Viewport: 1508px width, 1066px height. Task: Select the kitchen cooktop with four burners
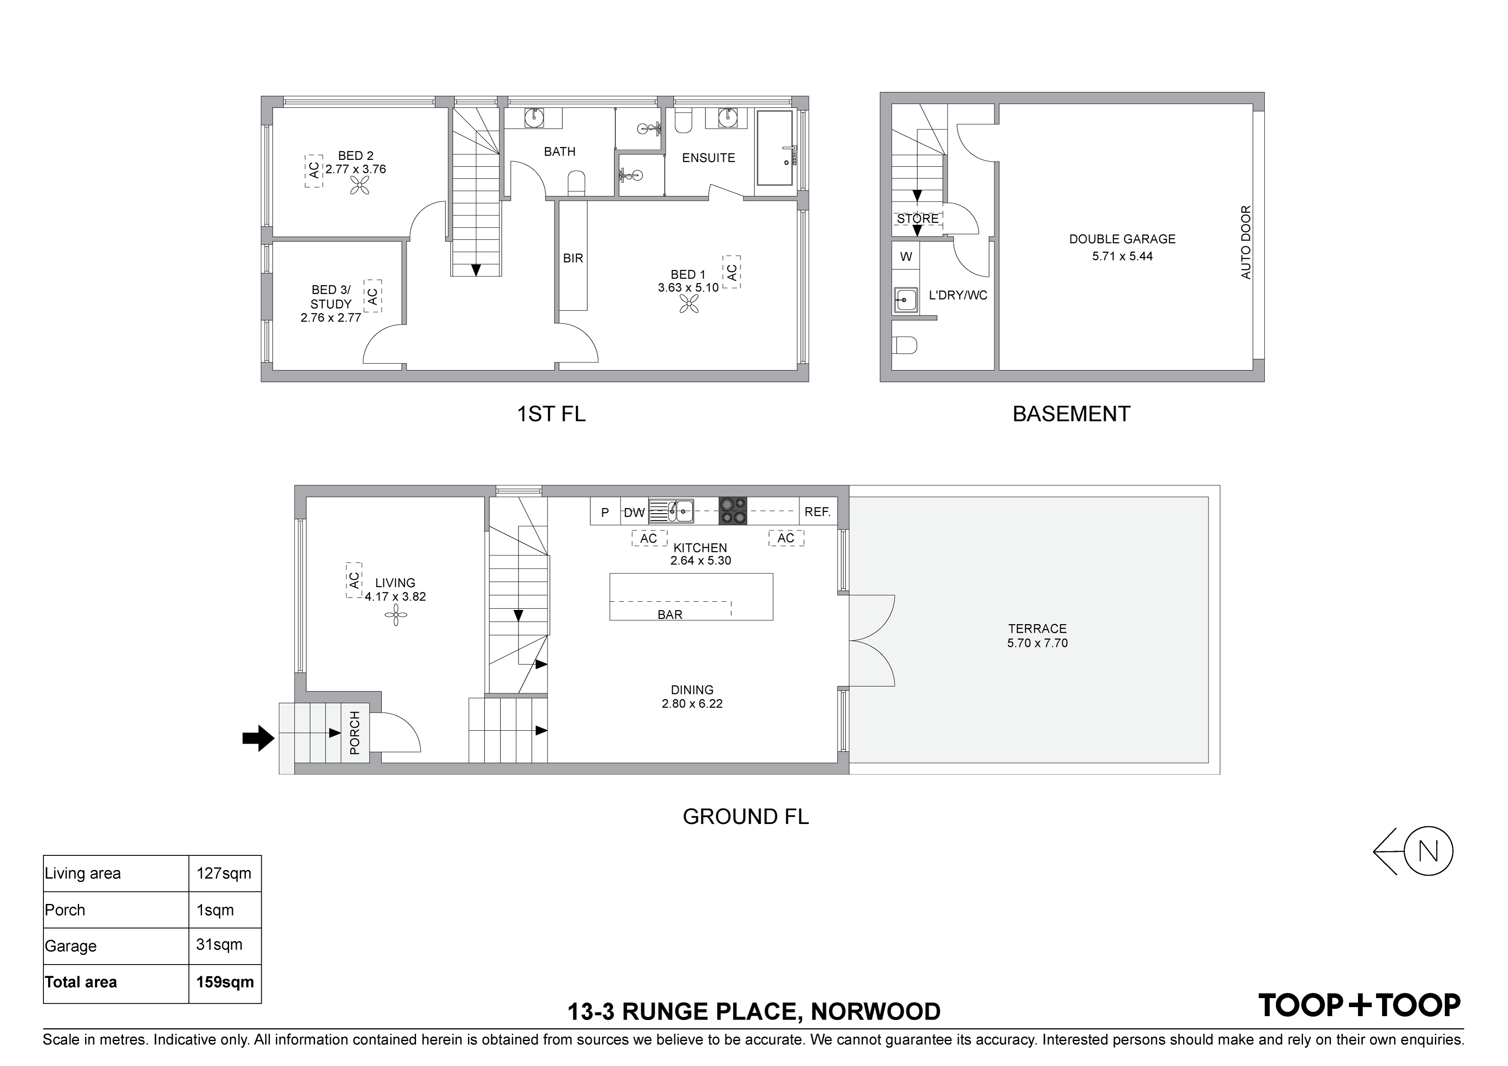point(733,510)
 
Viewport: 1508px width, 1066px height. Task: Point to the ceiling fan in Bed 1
point(690,303)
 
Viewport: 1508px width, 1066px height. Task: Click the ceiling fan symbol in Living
point(396,616)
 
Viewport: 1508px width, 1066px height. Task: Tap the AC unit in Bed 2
point(314,171)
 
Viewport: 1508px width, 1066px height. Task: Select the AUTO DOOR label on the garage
point(1246,242)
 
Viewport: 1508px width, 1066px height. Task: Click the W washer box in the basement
point(906,257)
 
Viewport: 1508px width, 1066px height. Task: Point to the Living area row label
point(83,873)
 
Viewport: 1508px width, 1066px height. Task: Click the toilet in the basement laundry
point(905,345)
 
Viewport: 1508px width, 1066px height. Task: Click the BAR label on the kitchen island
point(670,615)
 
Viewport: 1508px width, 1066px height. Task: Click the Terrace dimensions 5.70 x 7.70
point(1037,643)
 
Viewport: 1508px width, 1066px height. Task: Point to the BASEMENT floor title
point(1071,414)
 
